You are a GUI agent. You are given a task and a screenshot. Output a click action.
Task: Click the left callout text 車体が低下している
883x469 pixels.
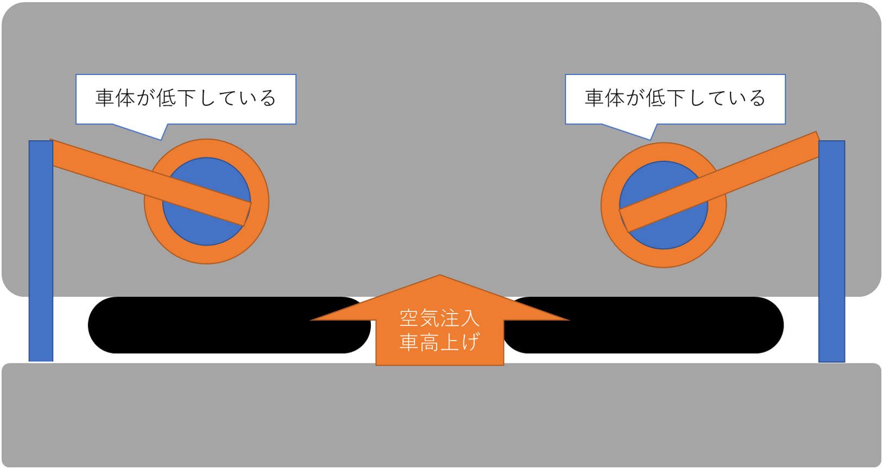click(x=186, y=98)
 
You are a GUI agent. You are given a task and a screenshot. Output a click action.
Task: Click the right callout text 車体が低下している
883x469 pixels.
click(x=675, y=98)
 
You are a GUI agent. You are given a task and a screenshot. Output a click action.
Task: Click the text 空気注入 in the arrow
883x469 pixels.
click(x=439, y=318)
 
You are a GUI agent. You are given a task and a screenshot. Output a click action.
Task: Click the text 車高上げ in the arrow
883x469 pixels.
click(x=439, y=342)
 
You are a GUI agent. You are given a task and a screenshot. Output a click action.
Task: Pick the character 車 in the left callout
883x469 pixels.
click(x=105, y=98)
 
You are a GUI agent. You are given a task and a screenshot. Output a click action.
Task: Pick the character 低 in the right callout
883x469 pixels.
click(x=655, y=98)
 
